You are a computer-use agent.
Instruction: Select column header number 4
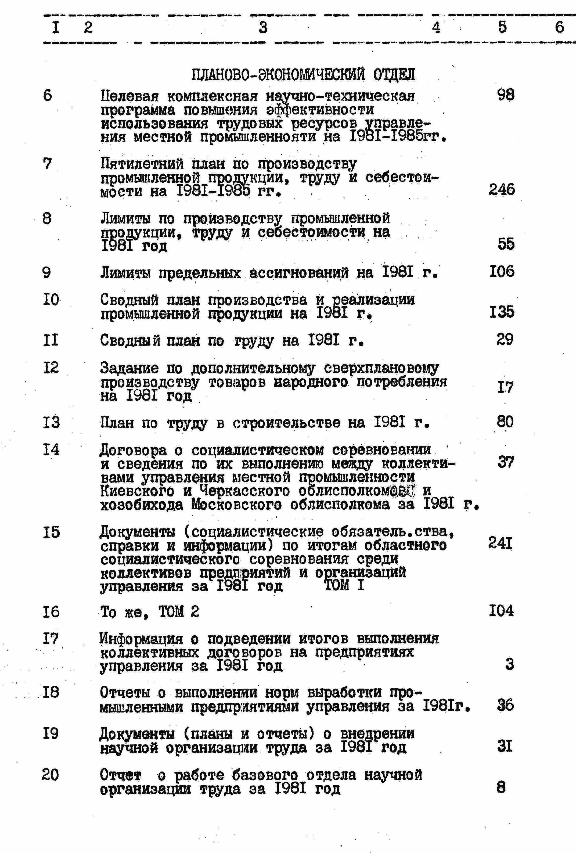pos(436,27)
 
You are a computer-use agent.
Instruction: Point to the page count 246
pos(502,190)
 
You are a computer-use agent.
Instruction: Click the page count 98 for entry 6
pos(506,95)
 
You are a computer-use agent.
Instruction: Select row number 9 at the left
pos(47,273)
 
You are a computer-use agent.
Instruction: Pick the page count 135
pos(502,312)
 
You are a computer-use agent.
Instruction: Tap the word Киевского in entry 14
pos(137,491)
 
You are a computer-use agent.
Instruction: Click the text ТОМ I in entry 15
pos(344,585)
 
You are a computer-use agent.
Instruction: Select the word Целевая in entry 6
pos(129,96)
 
